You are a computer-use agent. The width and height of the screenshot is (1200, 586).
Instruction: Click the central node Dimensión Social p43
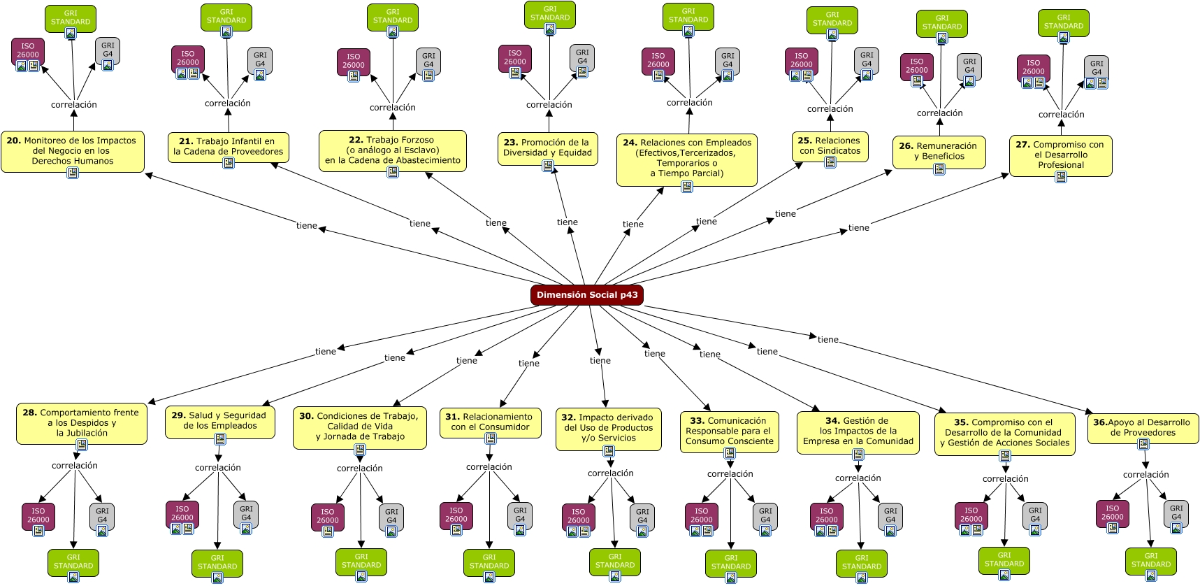tap(586, 295)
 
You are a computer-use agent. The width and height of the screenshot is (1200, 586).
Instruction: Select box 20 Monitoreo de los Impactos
tap(73, 151)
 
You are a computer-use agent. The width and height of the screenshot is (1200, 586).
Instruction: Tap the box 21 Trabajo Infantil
tap(229, 147)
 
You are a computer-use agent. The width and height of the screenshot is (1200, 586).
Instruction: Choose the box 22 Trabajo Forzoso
tap(393, 150)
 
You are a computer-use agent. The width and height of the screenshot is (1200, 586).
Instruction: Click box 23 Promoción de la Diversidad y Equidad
tap(547, 148)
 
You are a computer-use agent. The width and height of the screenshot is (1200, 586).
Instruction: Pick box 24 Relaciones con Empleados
tap(687, 159)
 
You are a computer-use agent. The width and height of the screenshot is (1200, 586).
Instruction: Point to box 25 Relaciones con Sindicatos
tap(830, 147)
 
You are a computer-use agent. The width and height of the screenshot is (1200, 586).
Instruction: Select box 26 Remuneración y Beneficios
tap(939, 152)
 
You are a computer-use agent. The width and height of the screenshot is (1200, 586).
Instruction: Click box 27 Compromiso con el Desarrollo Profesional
tap(1061, 155)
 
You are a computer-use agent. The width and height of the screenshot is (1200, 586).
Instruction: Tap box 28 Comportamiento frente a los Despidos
tap(82, 423)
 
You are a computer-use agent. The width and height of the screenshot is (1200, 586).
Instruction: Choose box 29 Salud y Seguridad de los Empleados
tap(220, 422)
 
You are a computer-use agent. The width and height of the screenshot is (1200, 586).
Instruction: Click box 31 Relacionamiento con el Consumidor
tap(491, 422)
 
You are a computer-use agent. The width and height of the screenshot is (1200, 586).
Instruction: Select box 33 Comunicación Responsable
tap(730, 431)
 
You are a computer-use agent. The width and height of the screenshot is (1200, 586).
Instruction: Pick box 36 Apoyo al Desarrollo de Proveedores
tap(1143, 429)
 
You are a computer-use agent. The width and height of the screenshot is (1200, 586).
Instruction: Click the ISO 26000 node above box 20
tap(28, 52)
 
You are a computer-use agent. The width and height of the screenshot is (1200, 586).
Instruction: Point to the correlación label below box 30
tap(360, 469)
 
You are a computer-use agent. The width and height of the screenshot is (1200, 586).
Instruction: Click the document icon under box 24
tap(687, 186)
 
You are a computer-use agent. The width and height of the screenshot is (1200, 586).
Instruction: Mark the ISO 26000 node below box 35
tap(971, 516)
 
